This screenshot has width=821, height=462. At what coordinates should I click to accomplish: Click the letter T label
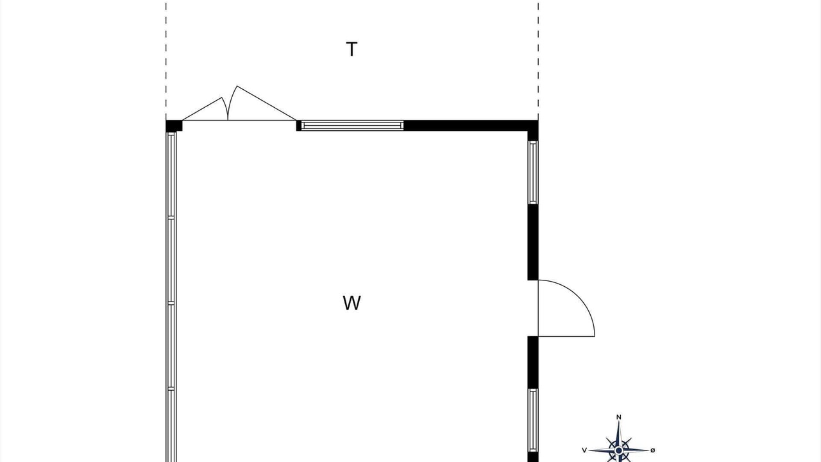coord(351,49)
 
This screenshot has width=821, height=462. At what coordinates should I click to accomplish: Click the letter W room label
coord(351,303)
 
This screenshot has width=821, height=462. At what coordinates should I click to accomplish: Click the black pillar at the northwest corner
coord(173,126)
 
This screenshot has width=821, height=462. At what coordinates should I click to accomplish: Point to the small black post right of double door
coord(299,125)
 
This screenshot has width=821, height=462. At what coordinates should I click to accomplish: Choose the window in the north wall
coord(352,125)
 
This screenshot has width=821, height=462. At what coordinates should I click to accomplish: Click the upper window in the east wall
coord(533,172)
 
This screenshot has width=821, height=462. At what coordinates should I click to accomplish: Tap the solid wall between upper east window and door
coord(533,242)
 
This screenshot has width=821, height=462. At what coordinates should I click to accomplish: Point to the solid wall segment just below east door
coord(533,362)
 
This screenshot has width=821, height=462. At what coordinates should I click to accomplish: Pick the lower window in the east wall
coord(533,420)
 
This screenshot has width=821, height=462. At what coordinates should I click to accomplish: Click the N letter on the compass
coord(619,418)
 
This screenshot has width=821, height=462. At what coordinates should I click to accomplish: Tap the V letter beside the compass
coord(584,450)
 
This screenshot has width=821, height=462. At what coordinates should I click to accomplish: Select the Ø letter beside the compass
coord(653,450)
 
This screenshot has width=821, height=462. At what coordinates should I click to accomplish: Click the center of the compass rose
coord(619,450)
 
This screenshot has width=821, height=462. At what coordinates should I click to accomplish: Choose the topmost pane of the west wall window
coord(171,175)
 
